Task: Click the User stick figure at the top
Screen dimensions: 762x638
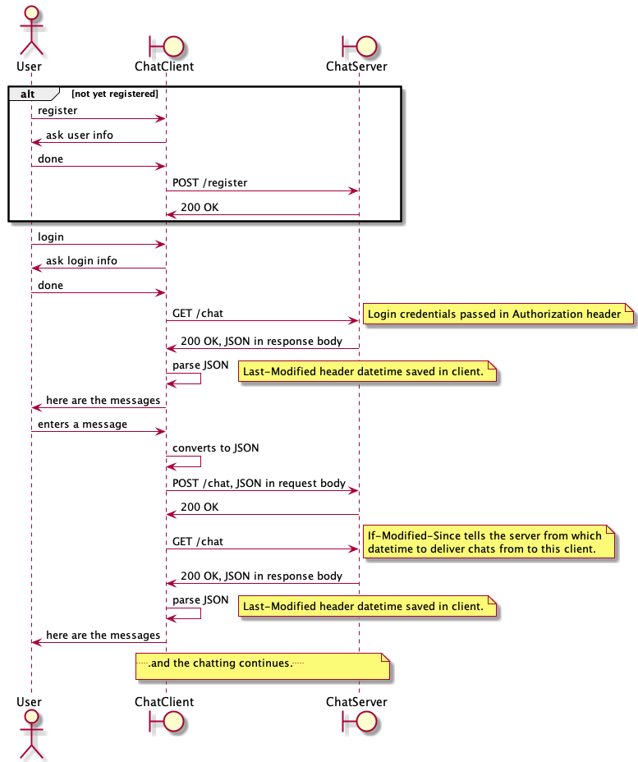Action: [31, 29]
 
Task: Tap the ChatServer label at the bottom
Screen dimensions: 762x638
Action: [356, 702]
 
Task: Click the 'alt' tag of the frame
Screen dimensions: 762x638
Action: [27, 94]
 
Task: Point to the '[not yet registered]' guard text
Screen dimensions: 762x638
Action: [115, 94]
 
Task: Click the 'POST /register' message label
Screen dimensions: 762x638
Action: [209, 182]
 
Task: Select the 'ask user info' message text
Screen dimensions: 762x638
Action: [80, 135]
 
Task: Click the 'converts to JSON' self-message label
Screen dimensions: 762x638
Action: [215, 448]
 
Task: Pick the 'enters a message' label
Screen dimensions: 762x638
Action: [82, 424]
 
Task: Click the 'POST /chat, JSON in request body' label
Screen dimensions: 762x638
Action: [259, 483]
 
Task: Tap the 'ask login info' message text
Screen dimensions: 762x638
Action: [81, 260]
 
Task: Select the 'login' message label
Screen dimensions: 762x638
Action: [51, 236]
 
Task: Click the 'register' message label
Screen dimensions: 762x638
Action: [57, 110]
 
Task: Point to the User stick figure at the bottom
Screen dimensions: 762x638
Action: [31, 735]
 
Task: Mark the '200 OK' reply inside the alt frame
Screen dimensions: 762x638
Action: [200, 207]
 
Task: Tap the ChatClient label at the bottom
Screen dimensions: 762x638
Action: [164, 702]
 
